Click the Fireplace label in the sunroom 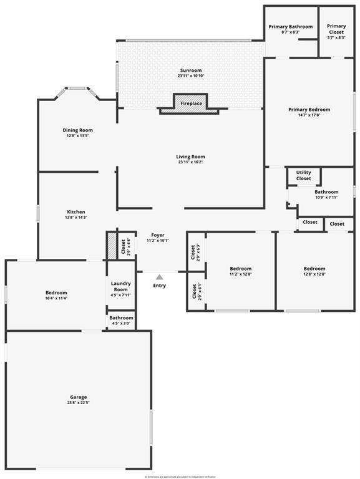191,103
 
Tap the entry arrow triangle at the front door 160,277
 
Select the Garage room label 78,397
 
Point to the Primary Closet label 336,27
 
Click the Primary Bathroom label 290,27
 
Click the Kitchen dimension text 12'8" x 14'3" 76,218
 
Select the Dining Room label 77,130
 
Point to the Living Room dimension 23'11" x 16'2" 190,162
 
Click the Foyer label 157,235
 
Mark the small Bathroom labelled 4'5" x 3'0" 121,318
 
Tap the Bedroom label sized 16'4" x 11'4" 56,293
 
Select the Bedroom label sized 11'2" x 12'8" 240,269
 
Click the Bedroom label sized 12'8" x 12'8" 315,269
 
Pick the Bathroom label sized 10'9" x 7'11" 326,192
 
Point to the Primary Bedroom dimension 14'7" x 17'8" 309,115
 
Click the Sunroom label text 190,70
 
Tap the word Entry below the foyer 160,286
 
